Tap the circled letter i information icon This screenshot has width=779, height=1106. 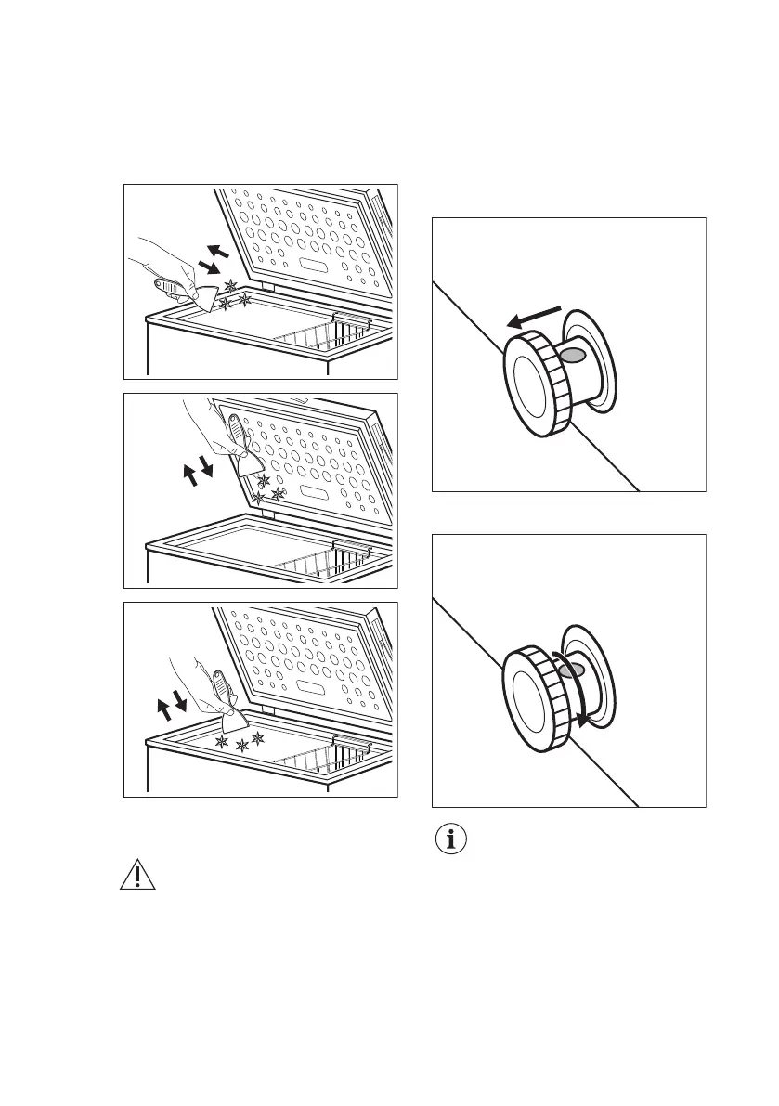[453, 840]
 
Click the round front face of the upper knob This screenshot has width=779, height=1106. [530, 386]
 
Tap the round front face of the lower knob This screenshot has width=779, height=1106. [530, 700]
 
